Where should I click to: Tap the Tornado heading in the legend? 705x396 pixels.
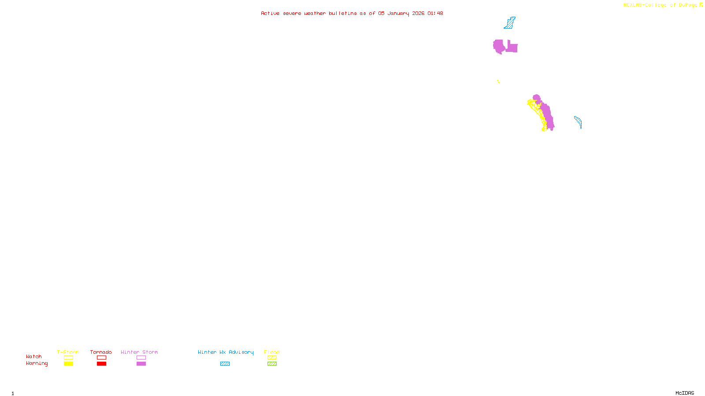101,352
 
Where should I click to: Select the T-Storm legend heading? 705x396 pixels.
68,352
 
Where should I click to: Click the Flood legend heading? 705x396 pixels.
272,352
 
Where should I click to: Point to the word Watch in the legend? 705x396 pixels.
34,356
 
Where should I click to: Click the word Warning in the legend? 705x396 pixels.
37,363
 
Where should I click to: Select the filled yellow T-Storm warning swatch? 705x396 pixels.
68,364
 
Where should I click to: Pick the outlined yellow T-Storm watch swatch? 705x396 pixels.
68,358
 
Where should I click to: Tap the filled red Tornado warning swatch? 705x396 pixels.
101,364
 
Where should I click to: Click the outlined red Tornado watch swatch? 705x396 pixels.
101,358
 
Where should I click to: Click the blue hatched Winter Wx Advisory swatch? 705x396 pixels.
225,364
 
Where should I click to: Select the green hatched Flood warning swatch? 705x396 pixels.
272,364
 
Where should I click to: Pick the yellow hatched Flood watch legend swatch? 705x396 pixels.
272,358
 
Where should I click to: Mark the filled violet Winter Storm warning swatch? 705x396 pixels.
141,364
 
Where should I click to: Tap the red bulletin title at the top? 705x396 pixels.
352,13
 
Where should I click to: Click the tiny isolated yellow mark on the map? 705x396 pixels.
498,81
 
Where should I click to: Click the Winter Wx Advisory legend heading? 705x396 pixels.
226,352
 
